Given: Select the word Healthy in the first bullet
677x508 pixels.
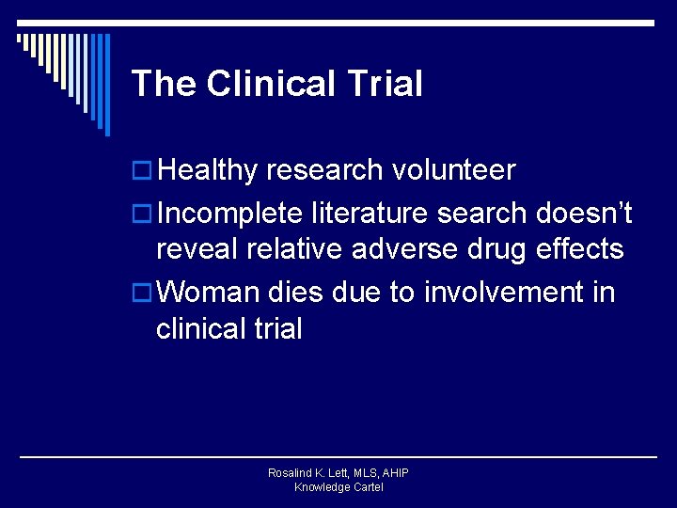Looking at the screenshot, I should [x=207, y=170].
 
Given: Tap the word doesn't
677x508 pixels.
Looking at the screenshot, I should [x=584, y=214].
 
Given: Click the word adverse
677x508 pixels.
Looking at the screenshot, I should [x=410, y=249].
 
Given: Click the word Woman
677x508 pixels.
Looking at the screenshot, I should [x=208, y=293].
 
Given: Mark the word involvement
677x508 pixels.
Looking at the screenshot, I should [x=504, y=293].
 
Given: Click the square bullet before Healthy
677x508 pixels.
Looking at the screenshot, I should [x=141, y=171].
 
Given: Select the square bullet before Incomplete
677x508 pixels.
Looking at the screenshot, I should [x=141, y=214].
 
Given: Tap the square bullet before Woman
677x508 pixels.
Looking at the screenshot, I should [x=141, y=294].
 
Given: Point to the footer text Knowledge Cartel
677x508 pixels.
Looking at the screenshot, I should [x=338, y=487].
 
